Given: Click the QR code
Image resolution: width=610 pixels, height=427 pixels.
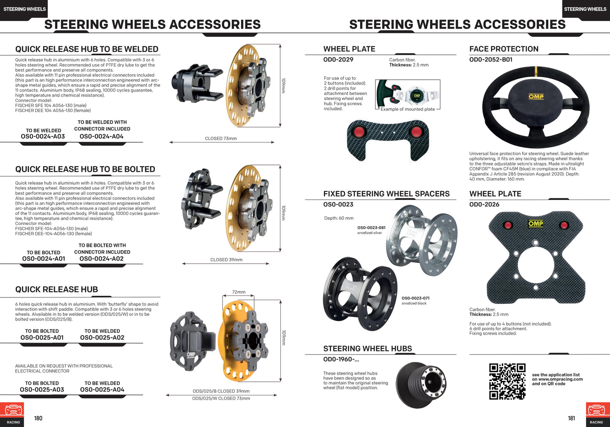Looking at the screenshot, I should [x=507, y=381].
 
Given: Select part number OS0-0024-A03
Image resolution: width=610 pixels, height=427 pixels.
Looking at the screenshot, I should [x=43, y=136].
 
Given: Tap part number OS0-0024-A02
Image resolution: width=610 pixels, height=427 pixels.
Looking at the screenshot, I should [x=102, y=259].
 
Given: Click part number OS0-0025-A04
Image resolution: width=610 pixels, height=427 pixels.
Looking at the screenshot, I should [x=102, y=389].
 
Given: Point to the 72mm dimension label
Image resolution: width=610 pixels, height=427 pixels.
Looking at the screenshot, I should [x=239, y=292].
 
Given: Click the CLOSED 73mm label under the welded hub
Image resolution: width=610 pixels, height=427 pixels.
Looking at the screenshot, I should [x=221, y=138].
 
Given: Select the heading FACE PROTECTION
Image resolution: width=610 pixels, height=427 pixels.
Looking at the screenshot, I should [x=504, y=49].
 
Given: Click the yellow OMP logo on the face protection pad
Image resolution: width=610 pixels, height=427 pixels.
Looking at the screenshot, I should [x=536, y=97].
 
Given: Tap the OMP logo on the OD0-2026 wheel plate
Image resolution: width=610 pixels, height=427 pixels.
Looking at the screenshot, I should [x=535, y=223].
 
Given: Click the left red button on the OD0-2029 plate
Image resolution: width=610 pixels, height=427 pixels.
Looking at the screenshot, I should [x=359, y=132].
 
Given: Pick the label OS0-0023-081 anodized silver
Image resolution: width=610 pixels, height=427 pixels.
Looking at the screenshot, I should [x=371, y=230].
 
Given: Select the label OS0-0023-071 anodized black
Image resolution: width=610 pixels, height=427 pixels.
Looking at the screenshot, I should [x=415, y=300].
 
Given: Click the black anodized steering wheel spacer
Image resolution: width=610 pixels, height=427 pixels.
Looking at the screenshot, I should [x=359, y=293].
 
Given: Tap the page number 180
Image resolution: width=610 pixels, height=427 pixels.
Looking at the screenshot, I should [x=38, y=418].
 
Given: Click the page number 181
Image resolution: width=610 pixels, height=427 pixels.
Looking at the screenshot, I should [x=571, y=418].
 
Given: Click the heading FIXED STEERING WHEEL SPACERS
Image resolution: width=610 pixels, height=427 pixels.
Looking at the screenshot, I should [x=386, y=194].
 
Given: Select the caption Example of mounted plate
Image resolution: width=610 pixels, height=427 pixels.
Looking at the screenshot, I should [x=407, y=109].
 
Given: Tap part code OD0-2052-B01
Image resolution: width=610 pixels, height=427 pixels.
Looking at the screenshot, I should [x=491, y=59].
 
